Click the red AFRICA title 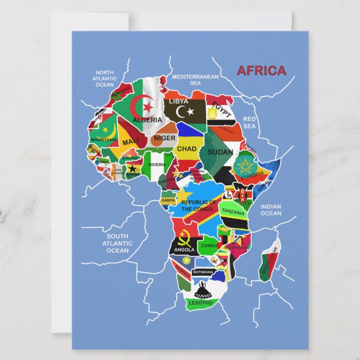(261, 71)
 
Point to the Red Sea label (250, 122)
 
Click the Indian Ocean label (271, 210)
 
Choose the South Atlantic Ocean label (118, 243)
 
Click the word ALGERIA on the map (147, 120)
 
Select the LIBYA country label (178, 102)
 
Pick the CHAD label (187, 149)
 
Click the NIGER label (164, 138)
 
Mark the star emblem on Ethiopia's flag (244, 165)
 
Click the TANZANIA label (233, 212)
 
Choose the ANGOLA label (184, 250)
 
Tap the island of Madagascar (268, 260)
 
